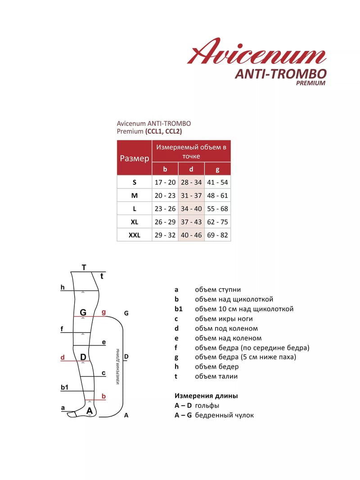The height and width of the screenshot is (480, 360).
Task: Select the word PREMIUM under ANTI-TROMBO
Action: coord(310,83)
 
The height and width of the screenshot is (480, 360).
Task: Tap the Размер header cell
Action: coord(135,158)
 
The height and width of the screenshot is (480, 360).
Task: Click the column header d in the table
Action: coord(191,169)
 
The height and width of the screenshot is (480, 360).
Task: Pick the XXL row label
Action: coord(135,235)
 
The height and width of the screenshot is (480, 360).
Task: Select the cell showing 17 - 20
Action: coord(165,183)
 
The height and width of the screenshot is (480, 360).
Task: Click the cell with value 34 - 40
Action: coord(191,209)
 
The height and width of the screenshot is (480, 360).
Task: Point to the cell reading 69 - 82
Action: coord(218,235)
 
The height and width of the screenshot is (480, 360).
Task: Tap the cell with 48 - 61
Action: coord(218,196)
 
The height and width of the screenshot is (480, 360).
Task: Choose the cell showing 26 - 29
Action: coord(165,222)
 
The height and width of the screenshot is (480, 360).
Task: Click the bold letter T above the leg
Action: coord(84,268)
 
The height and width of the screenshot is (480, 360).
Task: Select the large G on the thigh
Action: coord(83,312)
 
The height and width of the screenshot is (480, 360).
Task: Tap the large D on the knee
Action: coord(83,357)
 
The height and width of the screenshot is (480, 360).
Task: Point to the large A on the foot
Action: coord(89,411)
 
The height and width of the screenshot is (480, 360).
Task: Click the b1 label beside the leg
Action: coord(64,387)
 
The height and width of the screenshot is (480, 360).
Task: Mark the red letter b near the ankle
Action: coord(103,396)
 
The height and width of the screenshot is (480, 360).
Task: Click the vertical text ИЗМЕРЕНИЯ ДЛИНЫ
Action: coord(117,366)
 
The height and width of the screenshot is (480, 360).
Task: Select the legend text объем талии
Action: coord(216,377)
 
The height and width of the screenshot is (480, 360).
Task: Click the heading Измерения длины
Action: coord(206,396)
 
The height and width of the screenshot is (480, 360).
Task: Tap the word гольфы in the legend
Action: coord(207,406)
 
